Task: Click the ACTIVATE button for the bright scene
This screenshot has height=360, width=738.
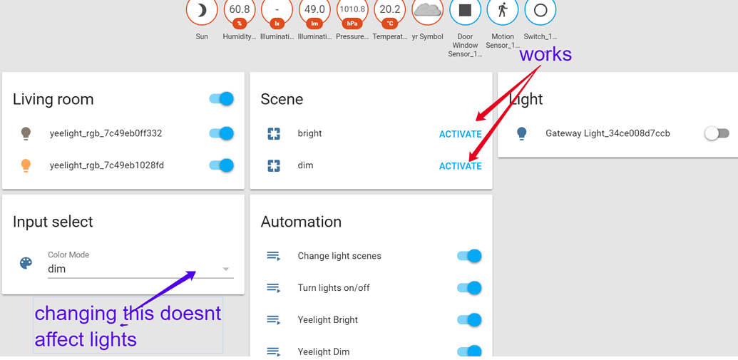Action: click(460, 134)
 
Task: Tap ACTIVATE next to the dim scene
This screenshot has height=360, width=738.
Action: click(460, 166)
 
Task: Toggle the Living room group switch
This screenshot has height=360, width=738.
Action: click(222, 99)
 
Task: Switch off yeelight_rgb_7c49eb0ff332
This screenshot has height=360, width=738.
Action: click(222, 133)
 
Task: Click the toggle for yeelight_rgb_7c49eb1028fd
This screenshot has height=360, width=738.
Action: click(222, 165)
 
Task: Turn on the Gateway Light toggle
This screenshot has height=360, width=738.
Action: click(717, 133)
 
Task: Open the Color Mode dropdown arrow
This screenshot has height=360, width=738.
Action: click(226, 269)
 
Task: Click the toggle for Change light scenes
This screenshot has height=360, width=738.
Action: click(469, 256)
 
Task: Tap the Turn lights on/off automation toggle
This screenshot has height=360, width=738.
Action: click(469, 288)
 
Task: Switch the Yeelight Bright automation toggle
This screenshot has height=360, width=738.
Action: click(469, 320)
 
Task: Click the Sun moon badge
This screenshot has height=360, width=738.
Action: click(202, 11)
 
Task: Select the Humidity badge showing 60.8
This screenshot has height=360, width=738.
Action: click(239, 11)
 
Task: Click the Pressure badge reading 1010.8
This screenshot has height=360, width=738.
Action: click(352, 11)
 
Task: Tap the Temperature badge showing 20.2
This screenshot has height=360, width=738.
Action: click(390, 11)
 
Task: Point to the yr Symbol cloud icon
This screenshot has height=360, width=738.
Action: click(428, 10)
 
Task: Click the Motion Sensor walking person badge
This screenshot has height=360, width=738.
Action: click(503, 11)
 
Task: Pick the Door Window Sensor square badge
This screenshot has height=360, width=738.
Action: click(465, 11)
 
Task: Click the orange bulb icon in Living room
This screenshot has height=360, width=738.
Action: click(26, 165)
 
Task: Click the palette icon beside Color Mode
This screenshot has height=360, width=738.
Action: click(26, 263)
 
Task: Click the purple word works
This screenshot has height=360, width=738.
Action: click(545, 54)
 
